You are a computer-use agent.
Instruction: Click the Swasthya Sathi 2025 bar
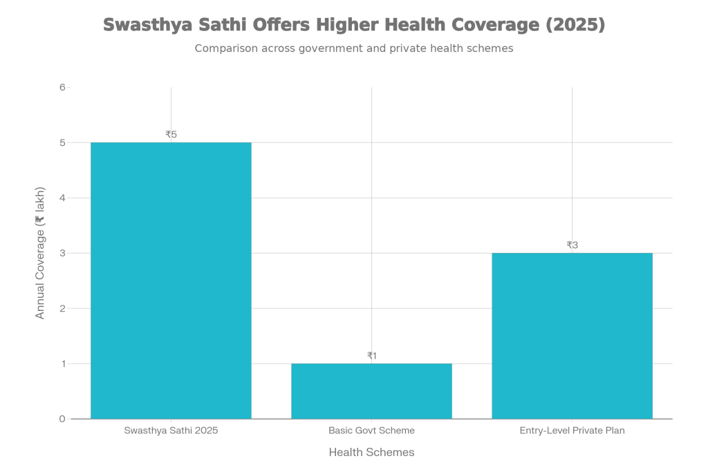point(171,280)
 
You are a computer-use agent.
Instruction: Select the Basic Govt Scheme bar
point(371,390)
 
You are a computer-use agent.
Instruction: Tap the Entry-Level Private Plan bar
point(572,335)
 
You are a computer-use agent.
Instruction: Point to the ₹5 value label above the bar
point(171,135)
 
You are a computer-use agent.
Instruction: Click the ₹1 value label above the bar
point(371,356)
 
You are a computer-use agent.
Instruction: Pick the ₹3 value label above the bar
point(572,245)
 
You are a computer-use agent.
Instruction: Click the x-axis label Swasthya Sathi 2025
point(171,431)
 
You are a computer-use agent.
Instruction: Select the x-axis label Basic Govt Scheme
point(371,431)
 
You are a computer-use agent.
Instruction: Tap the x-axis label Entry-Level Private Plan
point(572,431)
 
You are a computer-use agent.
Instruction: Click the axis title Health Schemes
point(371,452)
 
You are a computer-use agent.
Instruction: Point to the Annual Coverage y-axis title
point(40,253)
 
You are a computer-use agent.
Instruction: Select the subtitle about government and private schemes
point(353,49)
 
